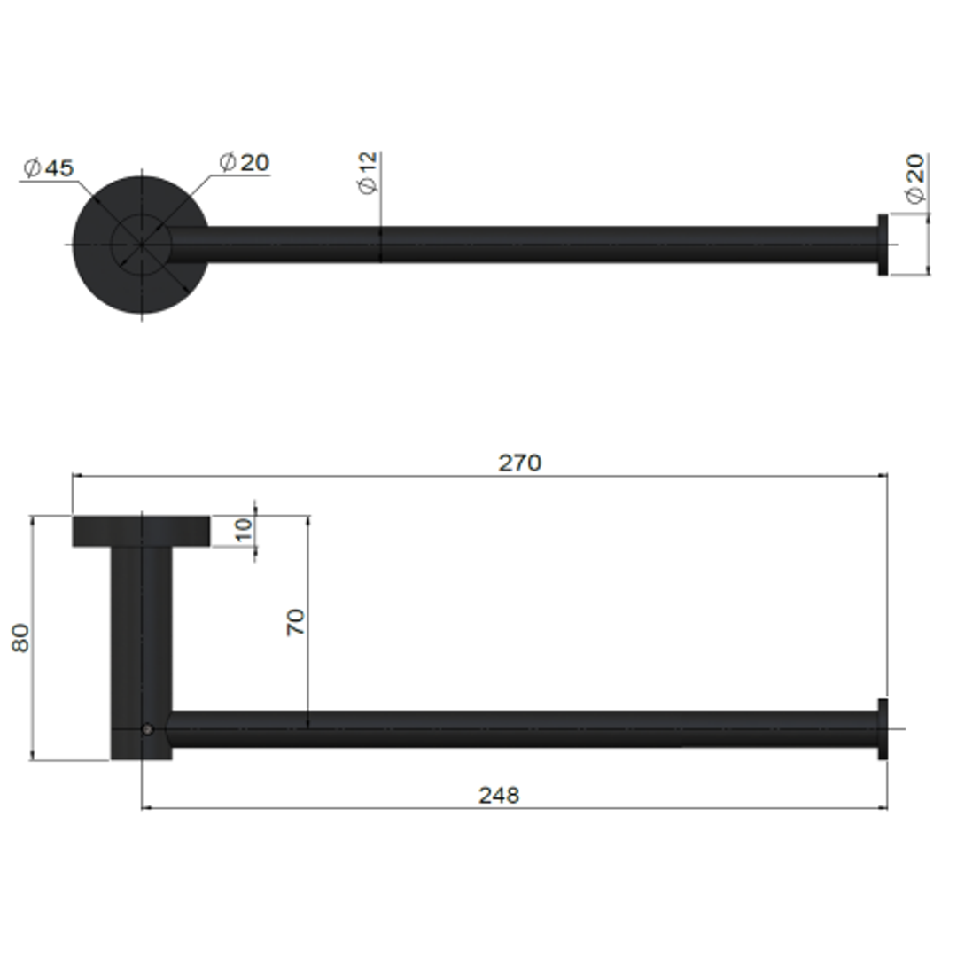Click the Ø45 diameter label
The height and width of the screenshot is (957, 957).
[50, 167]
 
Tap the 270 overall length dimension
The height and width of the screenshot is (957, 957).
[519, 463]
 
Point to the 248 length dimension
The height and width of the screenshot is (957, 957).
[499, 795]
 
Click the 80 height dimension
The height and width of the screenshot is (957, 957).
[20, 637]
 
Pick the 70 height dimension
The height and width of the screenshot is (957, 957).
[296, 621]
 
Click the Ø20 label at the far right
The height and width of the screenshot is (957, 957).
[914, 180]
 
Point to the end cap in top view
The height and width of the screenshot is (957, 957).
[883, 245]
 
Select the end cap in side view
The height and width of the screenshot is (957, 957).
[883, 728]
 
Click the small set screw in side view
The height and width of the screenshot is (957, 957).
[147, 729]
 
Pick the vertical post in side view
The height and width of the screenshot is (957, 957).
[141, 638]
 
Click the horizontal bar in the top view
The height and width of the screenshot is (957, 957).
[532, 245]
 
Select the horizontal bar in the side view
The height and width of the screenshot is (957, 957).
[532, 728]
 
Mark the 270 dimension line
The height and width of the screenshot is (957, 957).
[709, 476]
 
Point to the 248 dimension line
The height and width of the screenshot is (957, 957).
[709, 808]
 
